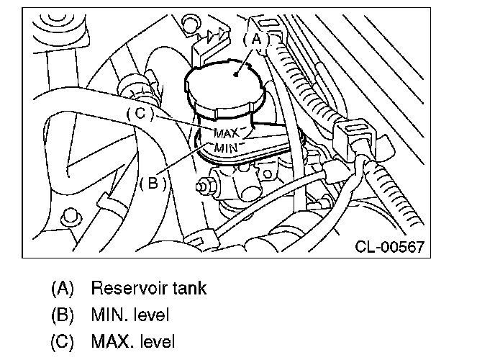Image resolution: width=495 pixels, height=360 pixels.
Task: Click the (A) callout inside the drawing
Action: point(256,40)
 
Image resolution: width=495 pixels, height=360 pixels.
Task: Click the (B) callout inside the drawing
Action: point(153,182)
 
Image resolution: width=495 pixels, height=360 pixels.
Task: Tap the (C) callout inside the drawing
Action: point(140,114)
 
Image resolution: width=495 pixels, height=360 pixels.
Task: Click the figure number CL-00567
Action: point(389,247)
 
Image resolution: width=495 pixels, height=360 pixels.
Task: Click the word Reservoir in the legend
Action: point(127,289)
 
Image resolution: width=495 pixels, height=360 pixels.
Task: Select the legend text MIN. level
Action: point(130,315)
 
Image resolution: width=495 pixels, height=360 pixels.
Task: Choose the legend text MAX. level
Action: point(132,341)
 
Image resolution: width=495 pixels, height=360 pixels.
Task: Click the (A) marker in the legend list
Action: point(63,289)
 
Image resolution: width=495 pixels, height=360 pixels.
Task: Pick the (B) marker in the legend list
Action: point(63,315)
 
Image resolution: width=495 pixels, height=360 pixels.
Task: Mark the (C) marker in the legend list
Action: point(63,341)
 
